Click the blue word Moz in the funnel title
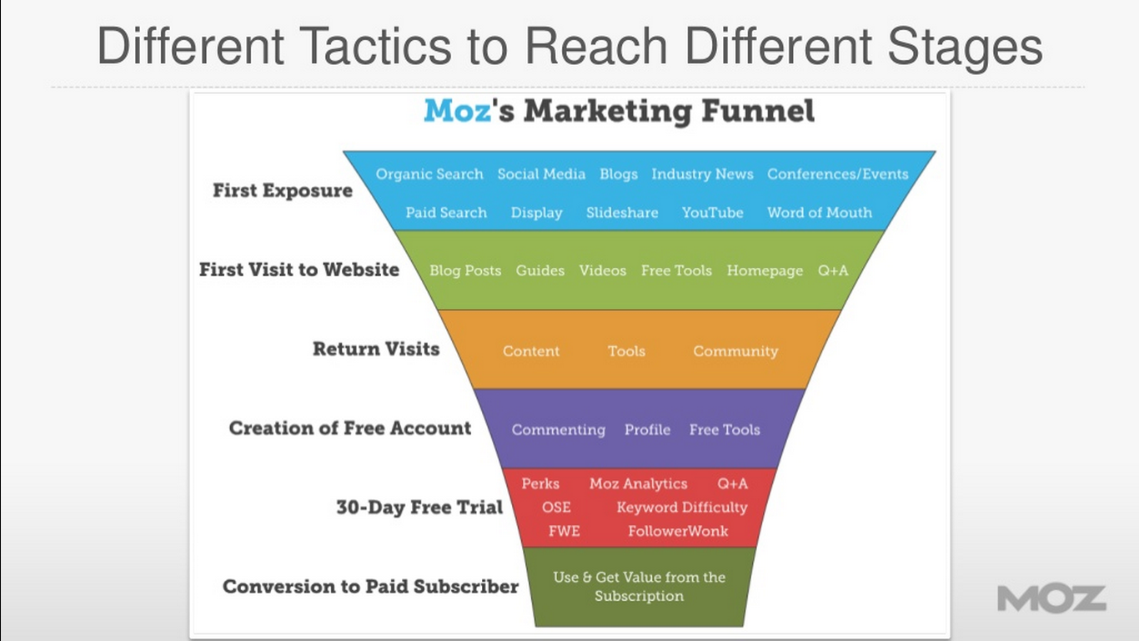tap(458, 110)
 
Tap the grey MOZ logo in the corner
tap(1051, 598)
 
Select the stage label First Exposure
tap(283, 190)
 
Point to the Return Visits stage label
tap(376, 349)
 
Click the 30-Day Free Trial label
tap(419, 507)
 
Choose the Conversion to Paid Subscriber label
tap(371, 587)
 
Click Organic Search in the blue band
tap(429, 174)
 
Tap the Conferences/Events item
tap(838, 174)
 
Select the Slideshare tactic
tap(622, 212)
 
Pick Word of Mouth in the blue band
tap(820, 212)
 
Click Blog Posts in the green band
tap(465, 270)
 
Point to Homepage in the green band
tap(765, 270)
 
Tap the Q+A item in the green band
tap(833, 270)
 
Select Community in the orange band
tap(735, 351)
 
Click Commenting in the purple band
tap(559, 430)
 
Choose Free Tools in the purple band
tap(725, 430)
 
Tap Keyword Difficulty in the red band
tap(682, 507)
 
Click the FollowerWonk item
tap(678, 532)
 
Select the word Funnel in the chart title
tap(758, 110)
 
